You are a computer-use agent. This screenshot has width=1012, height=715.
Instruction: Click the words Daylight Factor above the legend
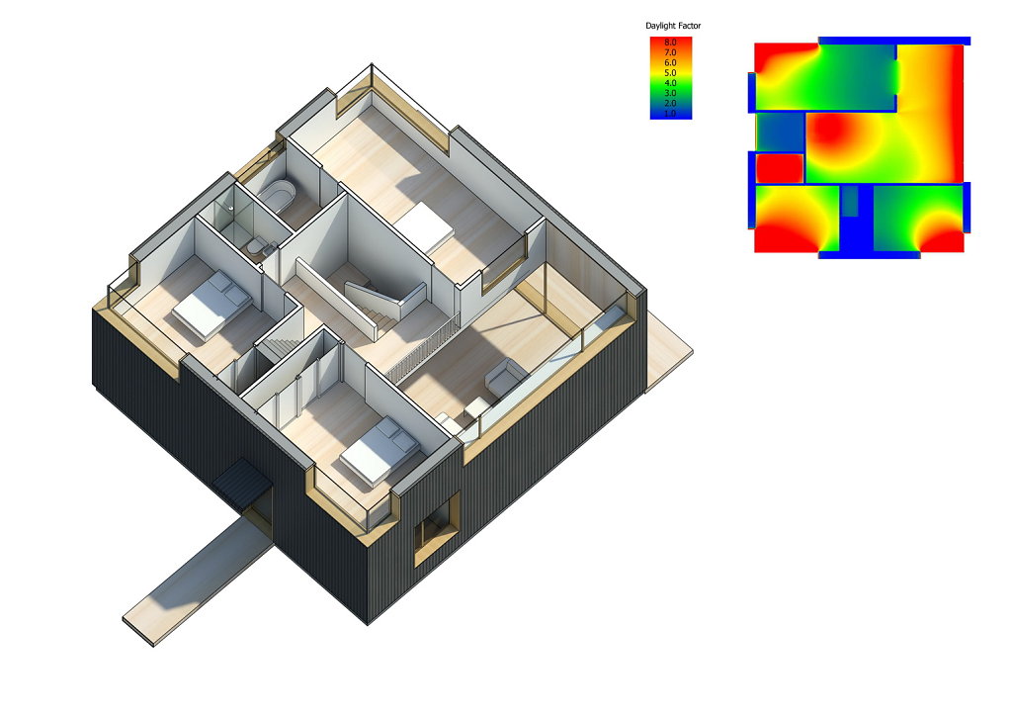[x=672, y=26]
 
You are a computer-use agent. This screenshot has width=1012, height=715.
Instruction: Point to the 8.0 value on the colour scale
[x=671, y=43]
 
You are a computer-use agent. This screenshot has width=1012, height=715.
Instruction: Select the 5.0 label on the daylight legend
[x=671, y=73]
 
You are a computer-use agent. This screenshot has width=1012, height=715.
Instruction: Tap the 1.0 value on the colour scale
[x=671, y=114]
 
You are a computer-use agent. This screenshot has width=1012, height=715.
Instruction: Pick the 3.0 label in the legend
[x=671, y=93]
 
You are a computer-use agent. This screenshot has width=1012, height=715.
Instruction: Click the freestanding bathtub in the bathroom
[x=278, y=193]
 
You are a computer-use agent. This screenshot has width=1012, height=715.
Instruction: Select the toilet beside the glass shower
[x=256, y=248]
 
